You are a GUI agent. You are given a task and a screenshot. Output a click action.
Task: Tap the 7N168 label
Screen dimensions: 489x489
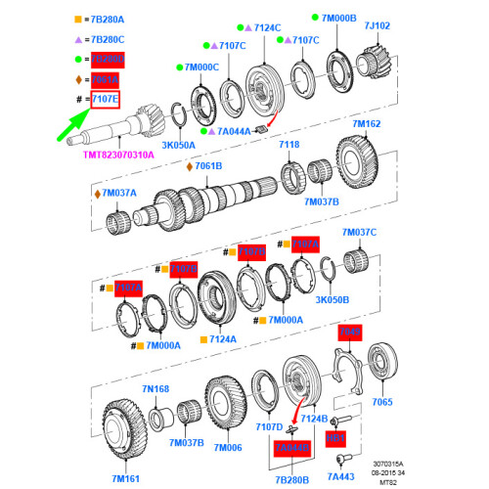tap(156, 389)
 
